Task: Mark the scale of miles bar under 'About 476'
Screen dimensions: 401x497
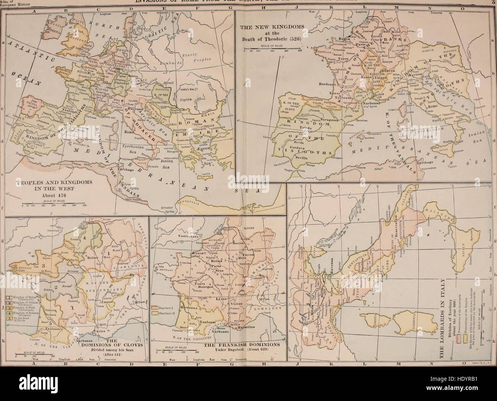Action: point(55,205)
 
